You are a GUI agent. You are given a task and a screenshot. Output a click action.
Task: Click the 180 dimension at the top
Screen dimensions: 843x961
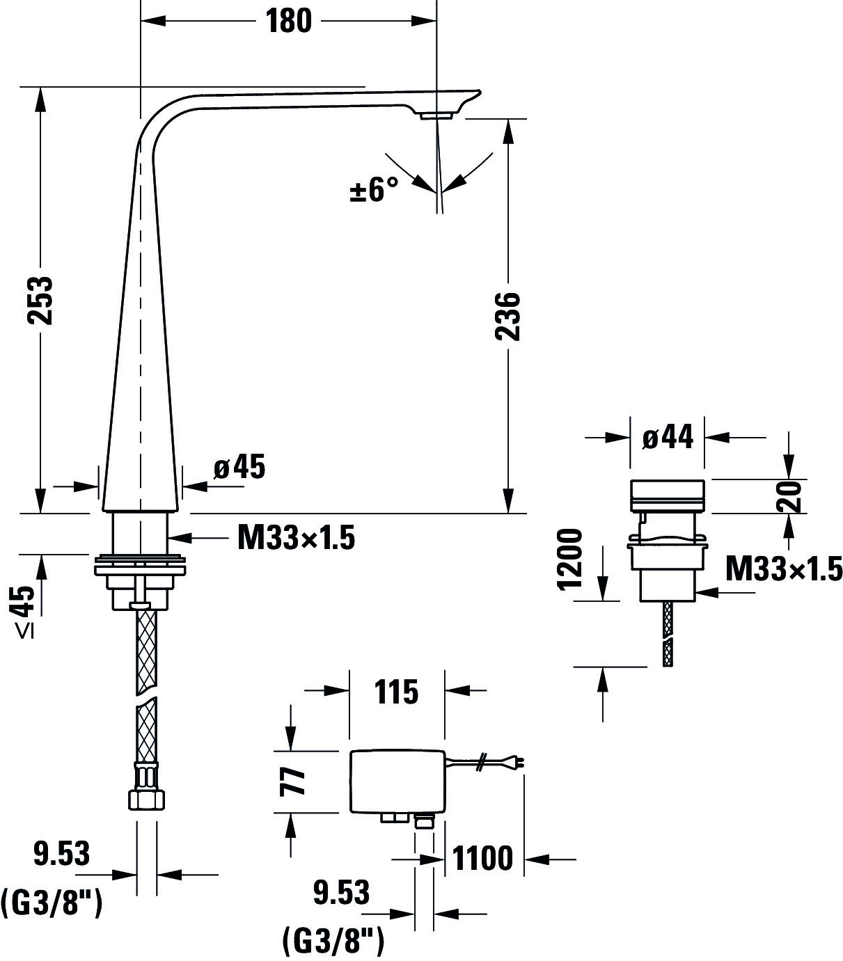pos(289,22)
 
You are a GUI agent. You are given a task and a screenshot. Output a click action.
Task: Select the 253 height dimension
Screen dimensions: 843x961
pos(40,301)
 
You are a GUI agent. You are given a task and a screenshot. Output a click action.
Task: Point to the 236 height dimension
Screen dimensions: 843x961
pos(507,317)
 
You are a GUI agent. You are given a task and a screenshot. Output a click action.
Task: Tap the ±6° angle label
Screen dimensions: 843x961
pos(374,190)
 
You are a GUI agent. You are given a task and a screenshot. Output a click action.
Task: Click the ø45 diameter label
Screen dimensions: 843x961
pos(239,467)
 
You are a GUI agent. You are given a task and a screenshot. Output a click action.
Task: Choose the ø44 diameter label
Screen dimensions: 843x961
pos(668,436)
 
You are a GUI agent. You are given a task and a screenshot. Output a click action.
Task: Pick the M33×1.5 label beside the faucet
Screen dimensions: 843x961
pos(296,539)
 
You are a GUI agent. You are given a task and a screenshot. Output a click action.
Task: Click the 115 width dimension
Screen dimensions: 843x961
pos(396,692)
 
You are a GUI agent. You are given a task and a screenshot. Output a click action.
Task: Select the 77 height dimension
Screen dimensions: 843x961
pos(292,782)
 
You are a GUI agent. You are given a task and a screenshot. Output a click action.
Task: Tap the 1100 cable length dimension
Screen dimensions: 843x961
pos(482,858)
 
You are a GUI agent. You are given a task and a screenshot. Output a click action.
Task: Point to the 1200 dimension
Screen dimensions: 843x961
pos(570,559)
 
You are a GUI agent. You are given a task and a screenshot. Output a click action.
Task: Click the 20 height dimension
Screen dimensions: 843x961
pos(789,497)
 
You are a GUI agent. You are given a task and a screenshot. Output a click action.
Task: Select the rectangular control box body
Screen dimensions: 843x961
pos(397,781)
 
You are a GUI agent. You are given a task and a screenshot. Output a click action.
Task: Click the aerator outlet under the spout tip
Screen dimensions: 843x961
pos(435,116)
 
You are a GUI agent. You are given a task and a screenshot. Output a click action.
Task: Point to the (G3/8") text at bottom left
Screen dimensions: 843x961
pos(52,905)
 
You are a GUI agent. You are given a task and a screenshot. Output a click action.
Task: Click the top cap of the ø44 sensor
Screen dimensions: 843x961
pos(667,496)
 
